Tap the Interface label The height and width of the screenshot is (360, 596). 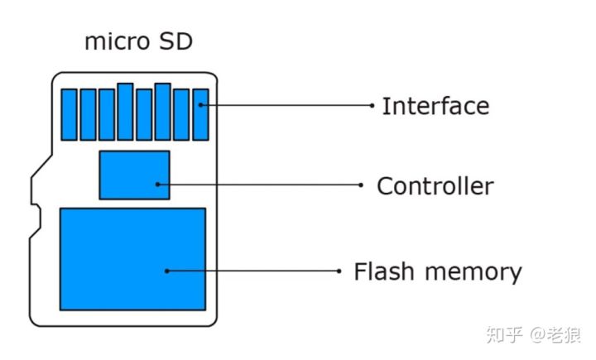[435, 106]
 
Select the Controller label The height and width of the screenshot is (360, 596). [435, 186]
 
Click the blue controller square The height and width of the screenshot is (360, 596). [134, 175]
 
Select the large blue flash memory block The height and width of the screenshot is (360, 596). [132, 259]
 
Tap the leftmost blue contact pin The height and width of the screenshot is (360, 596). [69, 114]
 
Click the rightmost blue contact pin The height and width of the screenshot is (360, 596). [200, 114]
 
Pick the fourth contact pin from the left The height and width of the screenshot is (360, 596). [125, 111]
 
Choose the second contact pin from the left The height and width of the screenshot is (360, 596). [88, 114]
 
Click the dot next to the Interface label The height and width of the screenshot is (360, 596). [372, 105]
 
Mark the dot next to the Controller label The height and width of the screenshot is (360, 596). [360, 185]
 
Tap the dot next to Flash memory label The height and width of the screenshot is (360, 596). [339, 271]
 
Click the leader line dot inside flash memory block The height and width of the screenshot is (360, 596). [166, 271]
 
